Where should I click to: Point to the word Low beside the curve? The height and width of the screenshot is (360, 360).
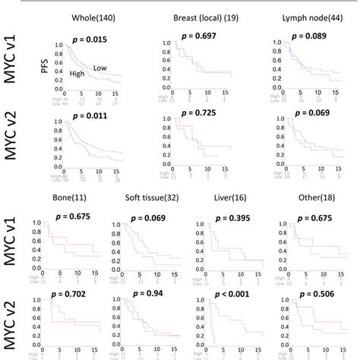point(99,68)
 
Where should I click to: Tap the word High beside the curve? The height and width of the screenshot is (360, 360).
point(76,74)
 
